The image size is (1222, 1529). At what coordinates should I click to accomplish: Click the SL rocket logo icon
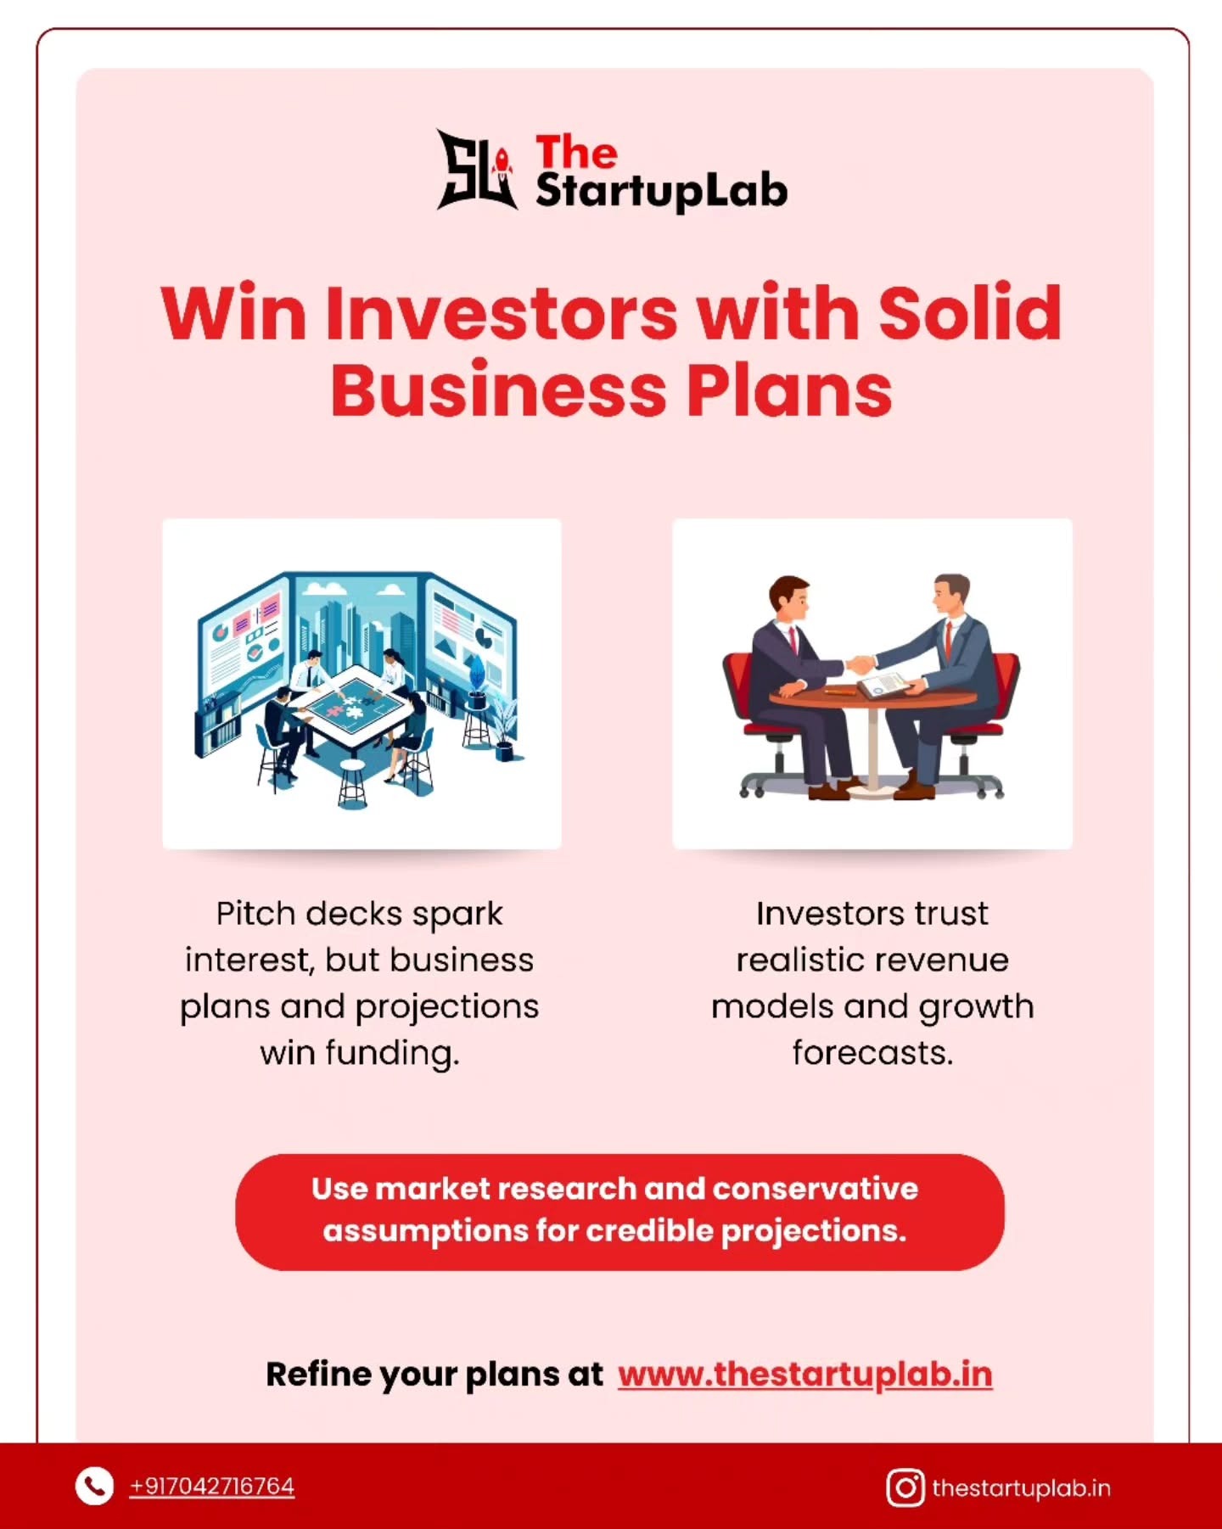pyautogui.click(x=476, y=170)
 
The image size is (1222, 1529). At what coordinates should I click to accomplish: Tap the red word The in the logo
pyautogui.click(x=576, y=153)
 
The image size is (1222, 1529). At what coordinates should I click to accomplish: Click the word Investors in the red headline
pyautogui.click(x=502, y=313)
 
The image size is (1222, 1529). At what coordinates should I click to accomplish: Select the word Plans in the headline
pyautogui.click(x=789, y=391)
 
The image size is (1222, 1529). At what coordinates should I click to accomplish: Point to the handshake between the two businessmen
pyautogui.click(x=860, y=664)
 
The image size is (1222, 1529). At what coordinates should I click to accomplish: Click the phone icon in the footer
pyautogui.click(x=94, y=1487)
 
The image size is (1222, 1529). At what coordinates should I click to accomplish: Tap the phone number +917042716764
pyautogui.click(x=211, y=1487)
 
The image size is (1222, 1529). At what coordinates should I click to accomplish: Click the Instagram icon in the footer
pyautogui.click(x=905, y=1487)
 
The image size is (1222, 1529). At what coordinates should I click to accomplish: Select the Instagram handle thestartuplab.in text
pyautogui.click(x=1021, y=1488)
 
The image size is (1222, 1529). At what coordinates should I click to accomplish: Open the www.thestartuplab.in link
pyautogui.click(x=804, y=1375)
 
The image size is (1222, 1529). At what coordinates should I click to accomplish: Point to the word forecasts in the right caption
pyautogui.click(x=872, y=1053)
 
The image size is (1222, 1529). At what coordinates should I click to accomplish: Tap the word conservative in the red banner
pyautogui.click(x=815, y=1189)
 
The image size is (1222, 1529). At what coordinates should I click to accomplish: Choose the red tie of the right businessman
pyautogui.click(x=949, y=641)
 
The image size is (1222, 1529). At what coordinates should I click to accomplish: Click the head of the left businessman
pyautogui.click(x=790, y=598)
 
